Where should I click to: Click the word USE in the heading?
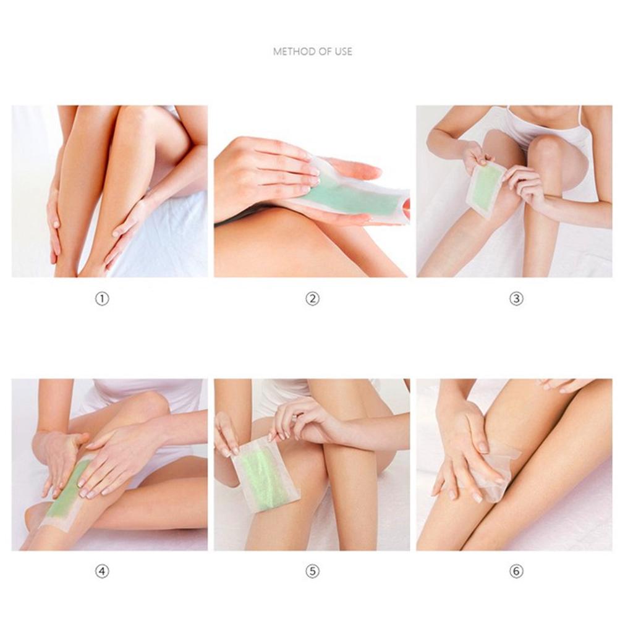(x=342, y=52)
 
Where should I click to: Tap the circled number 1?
(x=102, y=299)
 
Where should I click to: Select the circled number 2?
(x=313, y=299)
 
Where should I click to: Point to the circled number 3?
(x=516, y=299)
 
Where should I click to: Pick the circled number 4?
(x=102, y=572)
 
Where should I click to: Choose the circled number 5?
(x=313, y=572)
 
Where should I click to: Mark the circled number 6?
(x=516, y=572)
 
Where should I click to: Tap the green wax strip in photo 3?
(x=486, y=185)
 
